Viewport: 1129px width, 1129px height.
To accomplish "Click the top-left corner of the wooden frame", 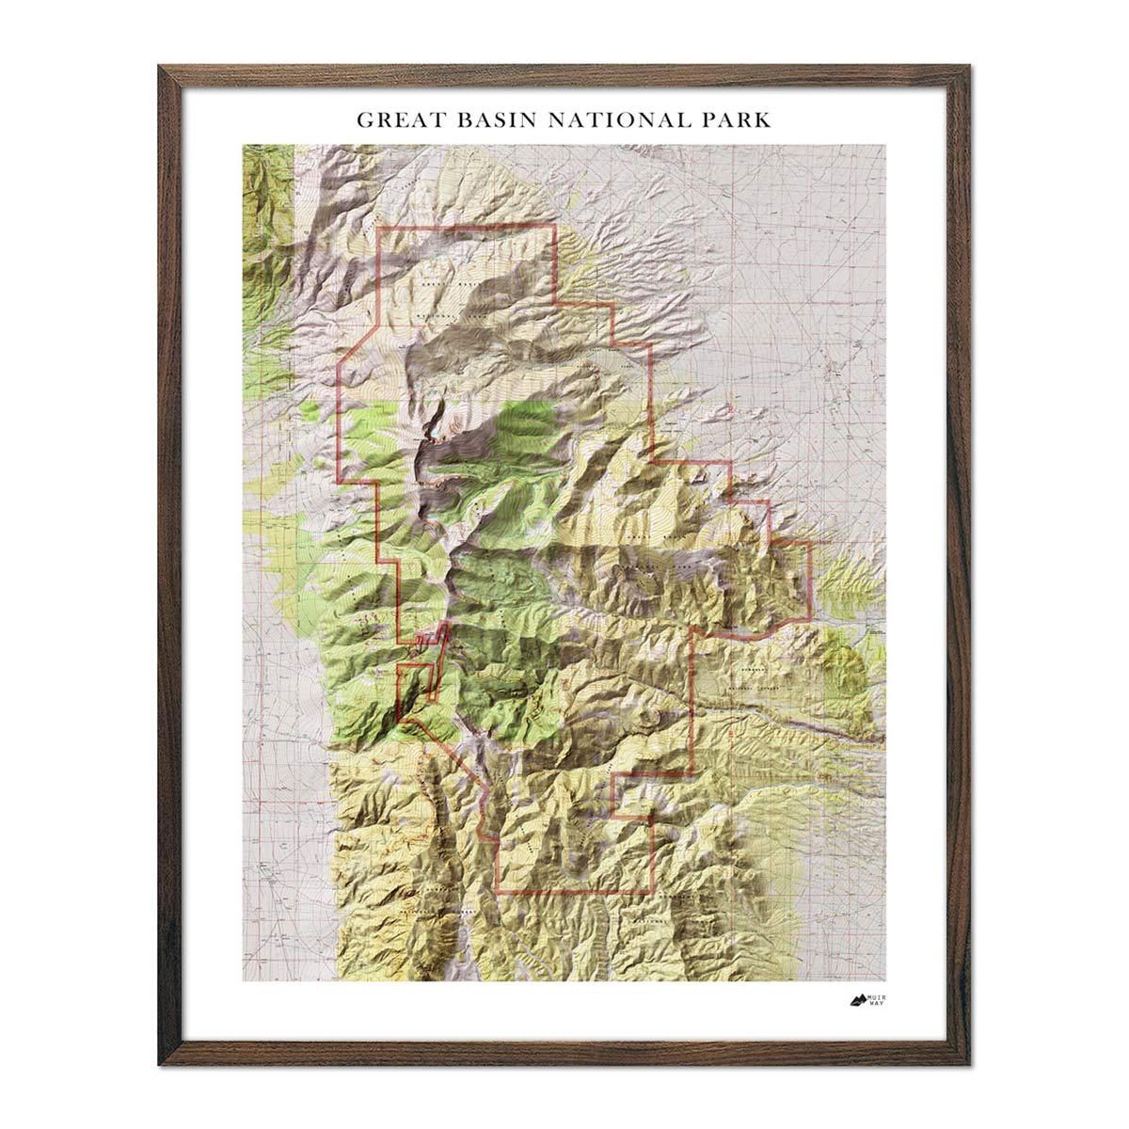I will point(160,66).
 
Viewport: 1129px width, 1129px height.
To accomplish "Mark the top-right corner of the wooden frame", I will point(969,66).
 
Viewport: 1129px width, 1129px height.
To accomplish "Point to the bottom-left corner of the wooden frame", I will point(160,1064).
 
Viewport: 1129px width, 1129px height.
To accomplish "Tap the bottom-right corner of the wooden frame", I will point(969,1064).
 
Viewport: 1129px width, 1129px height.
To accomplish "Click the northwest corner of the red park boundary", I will point(378,230).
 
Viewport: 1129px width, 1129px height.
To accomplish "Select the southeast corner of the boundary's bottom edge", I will point(652,891).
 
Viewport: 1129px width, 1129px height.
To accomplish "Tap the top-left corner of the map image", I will point(243,144).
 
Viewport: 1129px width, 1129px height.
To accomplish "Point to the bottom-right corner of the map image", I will point(885,981).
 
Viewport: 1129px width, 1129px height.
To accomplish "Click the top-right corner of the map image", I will point(885,144).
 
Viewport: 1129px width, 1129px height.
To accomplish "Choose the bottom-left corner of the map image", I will point(243,981).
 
